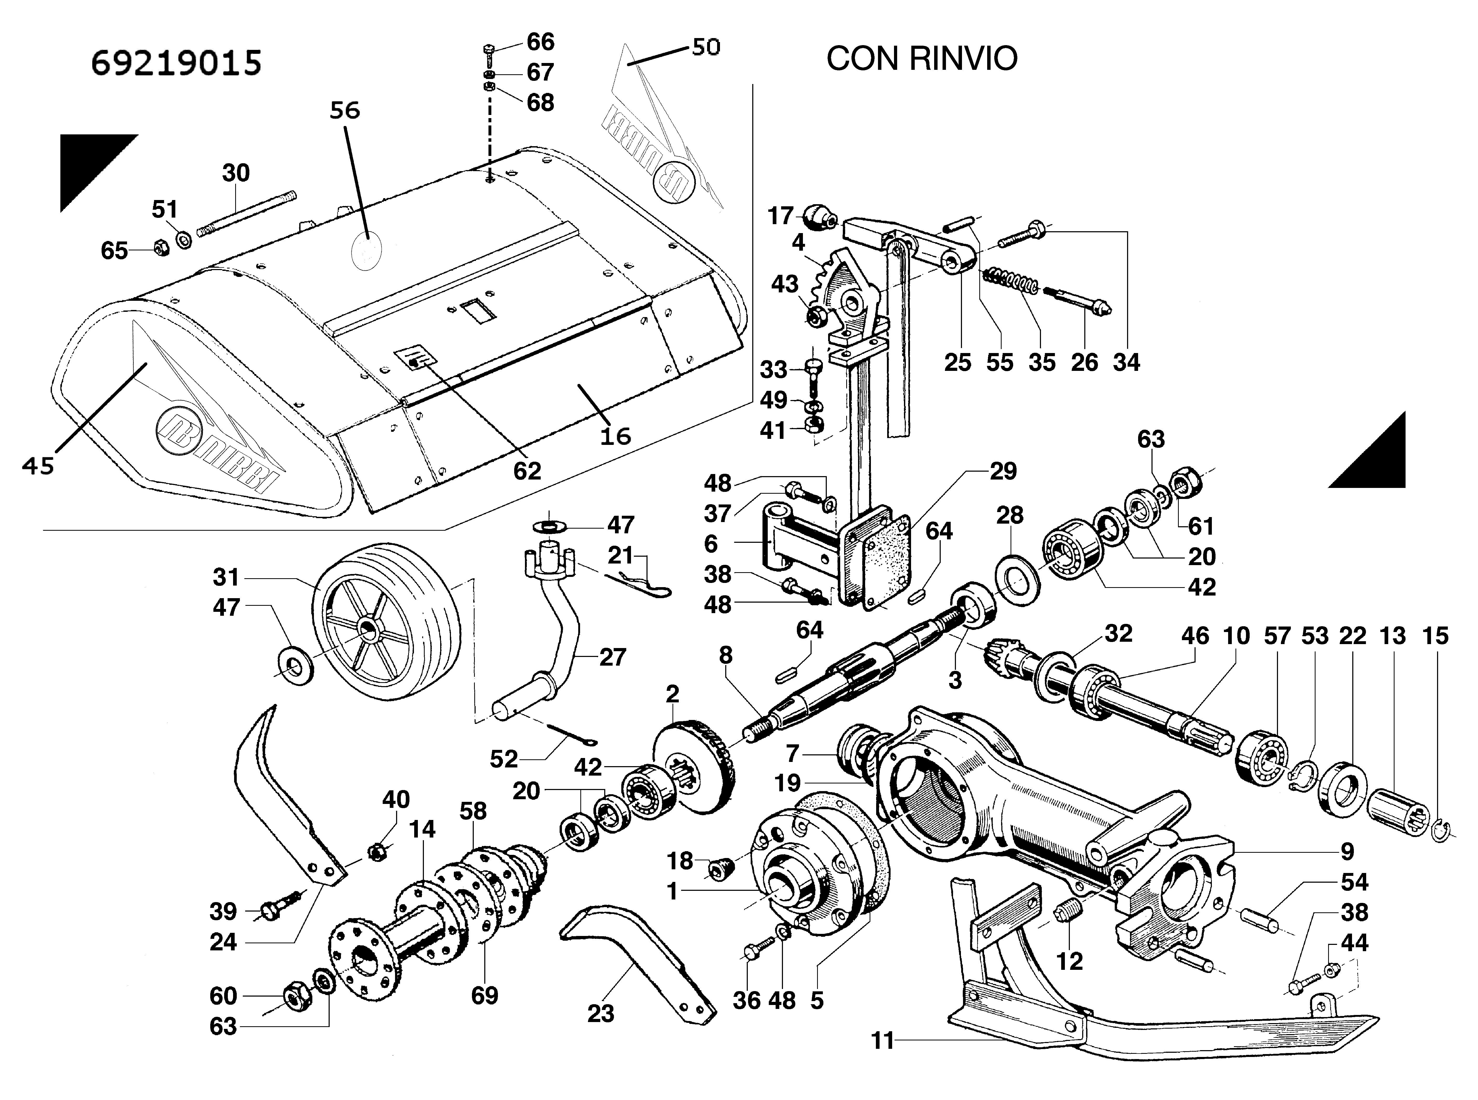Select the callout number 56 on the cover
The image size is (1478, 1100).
pyautogui.click(x=345, y=110)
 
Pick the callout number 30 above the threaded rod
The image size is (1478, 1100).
pyautogui.click(x=236, y=173)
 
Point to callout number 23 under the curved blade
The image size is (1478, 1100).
pyautogui.click(x=601, y=1013)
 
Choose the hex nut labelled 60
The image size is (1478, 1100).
pyautogui.click(x=294, y=996)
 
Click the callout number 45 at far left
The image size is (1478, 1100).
pyautogui.click(x=38, y=466)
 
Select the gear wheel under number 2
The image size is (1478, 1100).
pyautogui.click(x=696, y=766)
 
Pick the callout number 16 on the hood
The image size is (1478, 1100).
pyautogui.click(x=615, y=437)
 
